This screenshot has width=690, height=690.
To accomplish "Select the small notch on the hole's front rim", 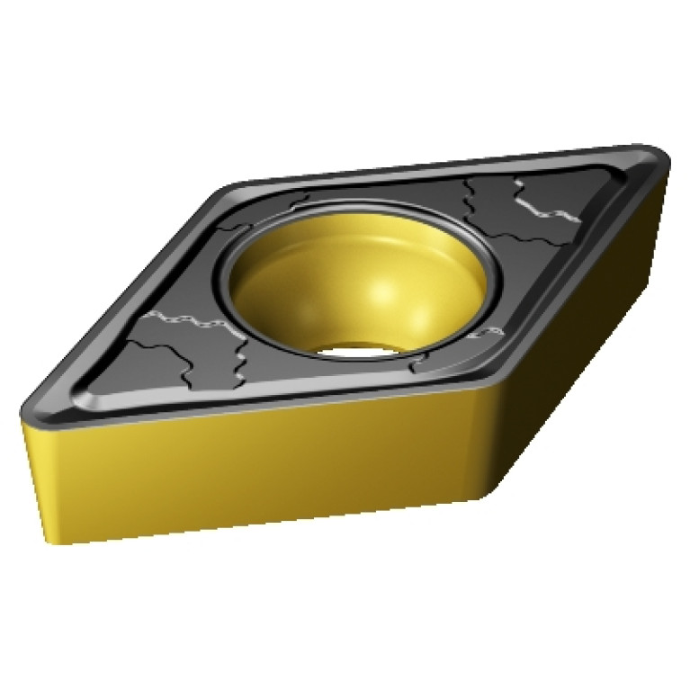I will tap(416, 366).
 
